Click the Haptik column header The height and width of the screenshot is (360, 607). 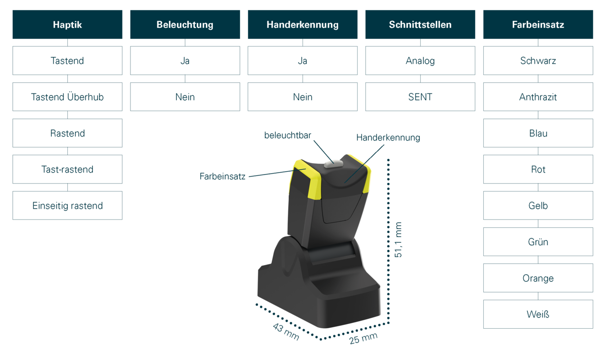click(67, 25)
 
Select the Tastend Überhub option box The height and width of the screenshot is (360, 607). click(67, 97)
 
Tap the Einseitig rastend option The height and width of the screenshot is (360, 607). click(67, 205)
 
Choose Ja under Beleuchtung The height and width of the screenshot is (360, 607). click(185, 61)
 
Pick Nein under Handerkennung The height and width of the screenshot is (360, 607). click(303, 97)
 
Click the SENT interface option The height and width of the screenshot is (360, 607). click(420, 97)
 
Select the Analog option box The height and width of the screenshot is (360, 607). click(420, 61)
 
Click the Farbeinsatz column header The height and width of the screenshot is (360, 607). click(538, 25)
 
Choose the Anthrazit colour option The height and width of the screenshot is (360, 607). click(538, 97)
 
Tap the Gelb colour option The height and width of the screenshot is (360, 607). click(538, 205)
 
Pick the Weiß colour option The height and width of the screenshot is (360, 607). click(538, 314)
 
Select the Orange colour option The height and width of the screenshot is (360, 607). click(538, 278)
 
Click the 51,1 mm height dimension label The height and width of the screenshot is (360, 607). click(399, 240)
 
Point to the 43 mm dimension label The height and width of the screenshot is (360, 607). click(285, 331)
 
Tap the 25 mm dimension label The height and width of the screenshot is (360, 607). click(364, 338)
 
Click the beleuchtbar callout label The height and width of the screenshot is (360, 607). click(288, 135)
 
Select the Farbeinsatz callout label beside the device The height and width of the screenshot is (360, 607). click(222, 176)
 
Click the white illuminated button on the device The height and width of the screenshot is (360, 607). click(333, 164)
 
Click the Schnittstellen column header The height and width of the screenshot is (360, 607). click(420, 25)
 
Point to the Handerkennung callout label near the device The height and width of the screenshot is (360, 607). click(388, 138)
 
